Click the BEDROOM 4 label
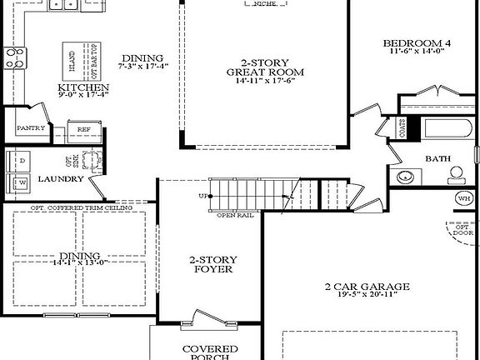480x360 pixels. pos(416,43)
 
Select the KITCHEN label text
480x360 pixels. pos(83,87)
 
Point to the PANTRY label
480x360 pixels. pos(30,128)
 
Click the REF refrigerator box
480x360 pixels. pos(84,129)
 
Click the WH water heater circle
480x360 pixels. pos(463,198)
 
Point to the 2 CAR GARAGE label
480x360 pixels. pos(367,287)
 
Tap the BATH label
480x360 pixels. pos(438,158)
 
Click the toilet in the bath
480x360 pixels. pos(456,175)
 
